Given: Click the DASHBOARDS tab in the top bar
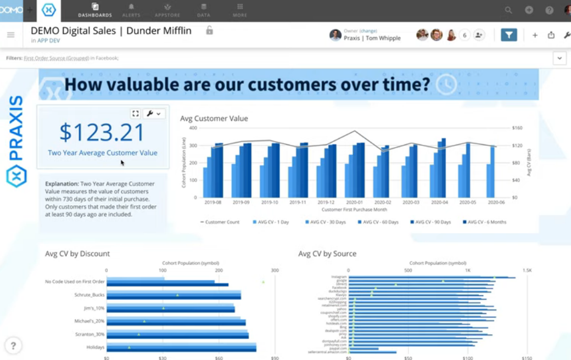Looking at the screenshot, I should pos(95,10).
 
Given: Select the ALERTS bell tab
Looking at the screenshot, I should pos(131,10).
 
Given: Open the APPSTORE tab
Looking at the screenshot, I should pos(167,10).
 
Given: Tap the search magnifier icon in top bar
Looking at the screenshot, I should pos(508,10).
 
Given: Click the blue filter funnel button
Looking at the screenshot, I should pos(509,35).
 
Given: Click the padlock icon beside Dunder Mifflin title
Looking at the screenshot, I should pos(209,31).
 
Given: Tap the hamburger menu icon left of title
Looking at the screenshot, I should pos(10,35).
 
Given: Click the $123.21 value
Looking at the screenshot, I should pos(102,132).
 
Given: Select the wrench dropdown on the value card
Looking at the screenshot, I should pos(154,114).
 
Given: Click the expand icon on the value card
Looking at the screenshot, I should pos(135,114).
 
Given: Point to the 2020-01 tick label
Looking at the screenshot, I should pos(354,203).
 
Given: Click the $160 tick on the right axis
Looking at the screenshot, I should pos(517,128).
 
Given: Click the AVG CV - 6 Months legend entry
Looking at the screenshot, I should pos(484,222).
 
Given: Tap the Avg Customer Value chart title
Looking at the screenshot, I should pos(214,118).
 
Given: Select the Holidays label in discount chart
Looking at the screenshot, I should pos(95,347).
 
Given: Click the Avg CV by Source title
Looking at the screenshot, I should pos(327,254).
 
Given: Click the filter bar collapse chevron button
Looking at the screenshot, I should pos(559,58).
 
